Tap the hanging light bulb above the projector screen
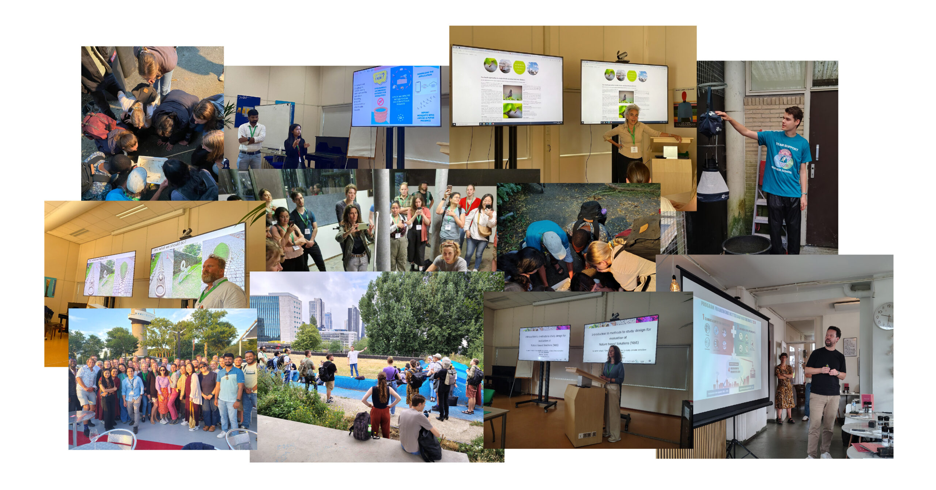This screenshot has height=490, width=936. tap(675, 284)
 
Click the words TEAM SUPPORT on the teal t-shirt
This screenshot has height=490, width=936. tap(786, 147)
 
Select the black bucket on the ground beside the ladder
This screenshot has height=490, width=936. tap(746, 245)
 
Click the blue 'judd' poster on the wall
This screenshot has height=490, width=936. tap(246, 110)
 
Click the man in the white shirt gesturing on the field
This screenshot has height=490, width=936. tap(353, 360)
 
